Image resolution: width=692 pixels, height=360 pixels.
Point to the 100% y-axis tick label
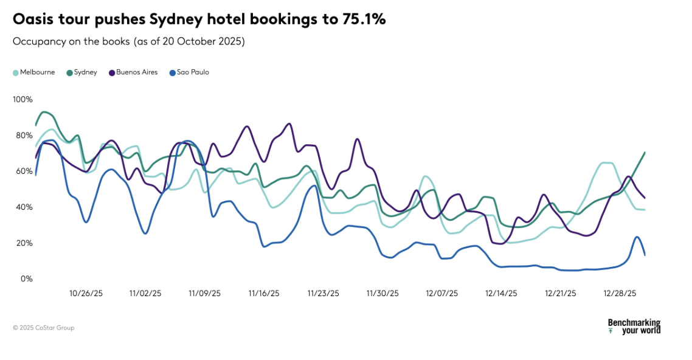[22, 99]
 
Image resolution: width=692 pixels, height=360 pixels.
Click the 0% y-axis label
[27, 279]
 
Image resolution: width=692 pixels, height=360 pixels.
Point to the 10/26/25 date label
[86, 293]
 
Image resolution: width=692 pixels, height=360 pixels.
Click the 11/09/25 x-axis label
[204, 293]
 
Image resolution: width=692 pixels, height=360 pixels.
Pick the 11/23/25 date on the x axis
[323, 293]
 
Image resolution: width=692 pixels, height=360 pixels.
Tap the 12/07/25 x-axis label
[442, 293]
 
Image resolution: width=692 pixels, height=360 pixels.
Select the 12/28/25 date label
[620, 293]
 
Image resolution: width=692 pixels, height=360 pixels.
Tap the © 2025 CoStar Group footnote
[44, 328]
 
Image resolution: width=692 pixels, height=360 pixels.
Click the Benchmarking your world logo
[634, 327]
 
